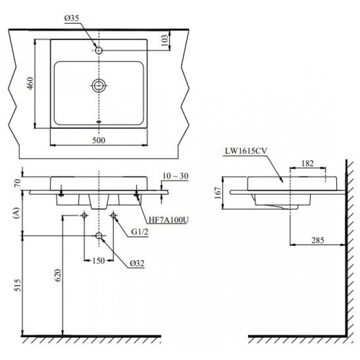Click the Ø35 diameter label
[x=72, y=18]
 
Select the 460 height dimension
[x=30, y=84]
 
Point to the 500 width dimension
[x=99, y=140]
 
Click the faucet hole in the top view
[x=99, y=50]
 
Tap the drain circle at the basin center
[x=99, y=86]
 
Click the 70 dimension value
[x=18, y=183]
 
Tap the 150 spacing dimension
[x=99, y=260]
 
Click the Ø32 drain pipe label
[x=137, y=263]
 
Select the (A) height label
[x=18, y=212]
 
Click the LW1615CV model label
[x=245, y=151]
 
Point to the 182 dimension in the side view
[x=307, y=163]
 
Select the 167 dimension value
[x=217, y=192]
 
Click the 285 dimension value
[x=317, y=240]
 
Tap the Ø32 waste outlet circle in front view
[x=99, y=236]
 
